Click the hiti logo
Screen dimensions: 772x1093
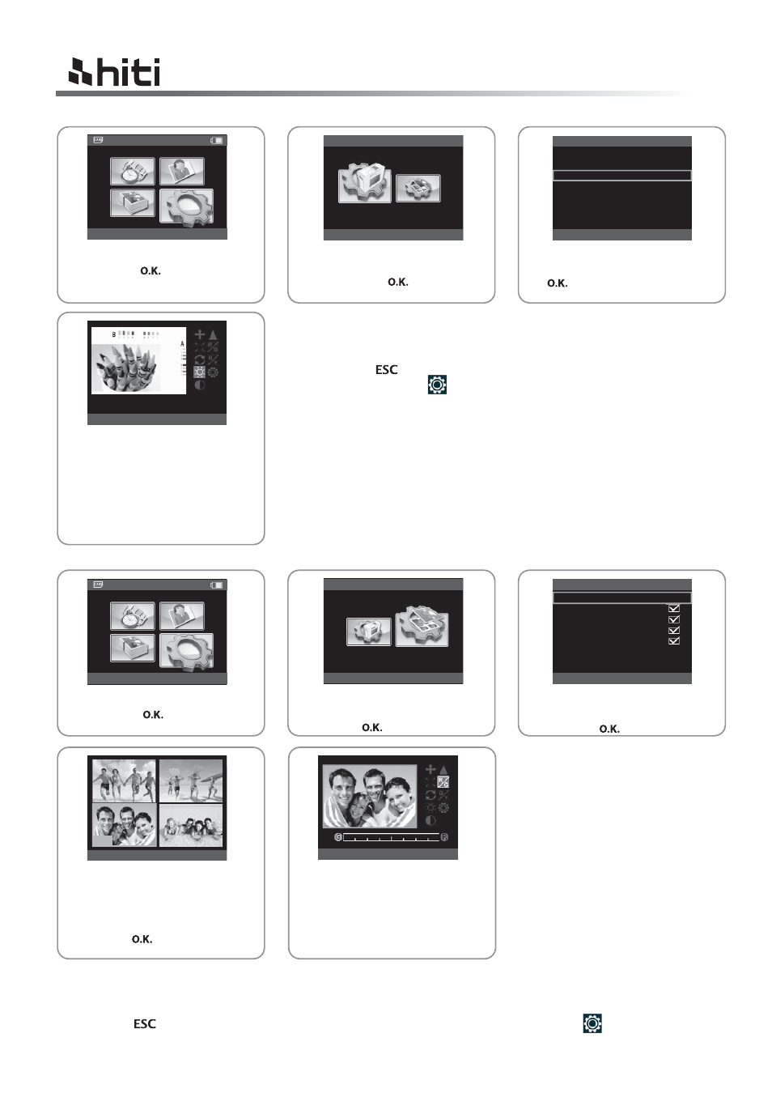114,72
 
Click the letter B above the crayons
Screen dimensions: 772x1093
114,334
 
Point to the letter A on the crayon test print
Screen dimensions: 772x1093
182,344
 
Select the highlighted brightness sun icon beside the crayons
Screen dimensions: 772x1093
199,372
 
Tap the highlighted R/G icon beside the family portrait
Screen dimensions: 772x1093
443,782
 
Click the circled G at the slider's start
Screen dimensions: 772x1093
338,837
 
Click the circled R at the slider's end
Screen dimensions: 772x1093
444,837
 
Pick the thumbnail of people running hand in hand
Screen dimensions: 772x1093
125,780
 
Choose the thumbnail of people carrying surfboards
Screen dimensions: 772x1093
191,780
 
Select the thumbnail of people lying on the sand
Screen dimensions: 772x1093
191,826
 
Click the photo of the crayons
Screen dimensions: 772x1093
126,368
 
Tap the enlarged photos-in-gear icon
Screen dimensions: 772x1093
422,626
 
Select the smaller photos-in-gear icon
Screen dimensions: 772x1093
418,189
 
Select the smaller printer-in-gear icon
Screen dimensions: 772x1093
369,632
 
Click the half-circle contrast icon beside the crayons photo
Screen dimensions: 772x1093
199,385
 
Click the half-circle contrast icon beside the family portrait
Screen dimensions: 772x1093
431,820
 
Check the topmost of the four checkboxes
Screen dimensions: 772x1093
674,608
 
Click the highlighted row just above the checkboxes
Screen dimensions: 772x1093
622,598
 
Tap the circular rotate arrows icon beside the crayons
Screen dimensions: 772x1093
199,359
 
